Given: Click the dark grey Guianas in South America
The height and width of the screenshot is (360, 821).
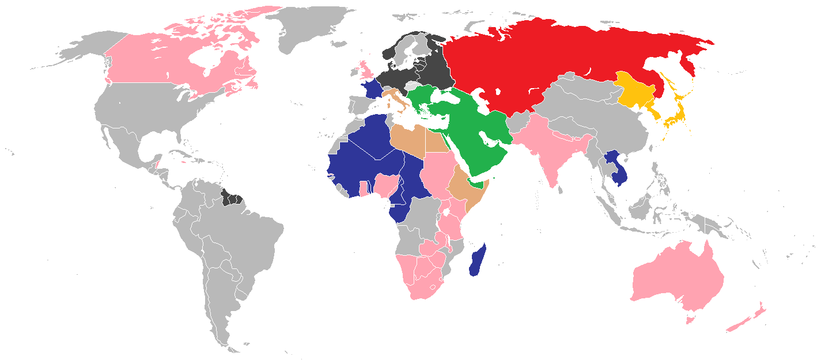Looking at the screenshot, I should (232, 199).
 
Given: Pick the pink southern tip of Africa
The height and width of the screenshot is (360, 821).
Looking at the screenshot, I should (423, 282).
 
